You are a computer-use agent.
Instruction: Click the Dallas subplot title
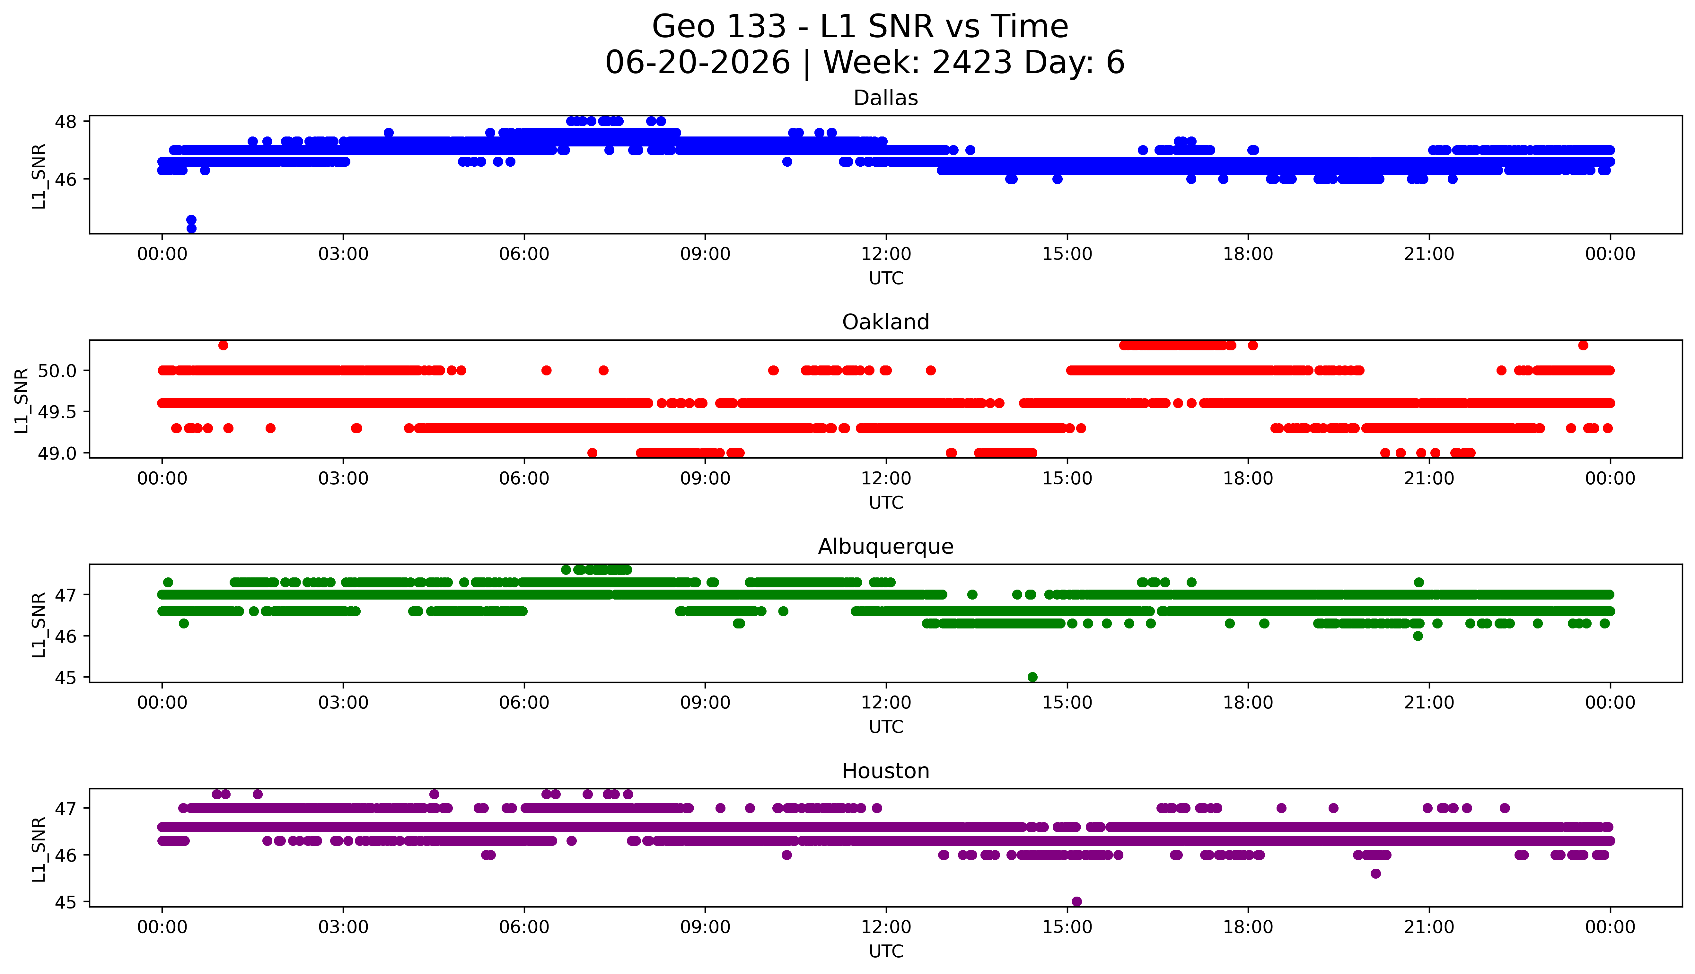(886, 98)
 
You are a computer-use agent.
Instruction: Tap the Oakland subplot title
(886, 322)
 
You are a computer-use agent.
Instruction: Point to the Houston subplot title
(886, 771)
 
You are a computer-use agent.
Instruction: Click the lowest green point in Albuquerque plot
(1032, 677)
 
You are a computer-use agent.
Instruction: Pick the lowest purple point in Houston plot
(1076, 902)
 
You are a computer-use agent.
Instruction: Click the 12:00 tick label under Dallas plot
(886, 254)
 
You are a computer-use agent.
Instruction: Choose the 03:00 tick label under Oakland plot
(343, 479)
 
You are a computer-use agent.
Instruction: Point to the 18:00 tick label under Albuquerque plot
(1248, 703)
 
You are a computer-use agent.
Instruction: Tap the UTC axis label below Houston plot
(886, 951)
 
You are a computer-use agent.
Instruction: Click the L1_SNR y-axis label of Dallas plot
(39, 176)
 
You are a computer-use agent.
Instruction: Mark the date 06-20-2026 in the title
(698, 63)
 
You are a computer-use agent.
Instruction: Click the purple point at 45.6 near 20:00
(1375, 874)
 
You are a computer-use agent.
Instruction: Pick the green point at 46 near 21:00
(1418, 636)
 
